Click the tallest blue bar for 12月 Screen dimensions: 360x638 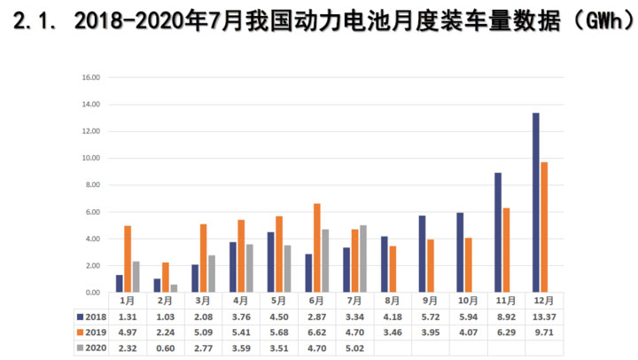(536, 202)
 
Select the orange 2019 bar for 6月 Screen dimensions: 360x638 (317, 247)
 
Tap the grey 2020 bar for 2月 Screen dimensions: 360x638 (175, 288)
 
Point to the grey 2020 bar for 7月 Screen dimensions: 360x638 (363, 259)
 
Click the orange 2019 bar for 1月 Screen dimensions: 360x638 (128, 259)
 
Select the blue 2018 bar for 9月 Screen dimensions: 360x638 (422, 254)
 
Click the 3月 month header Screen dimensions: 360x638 (203, 301)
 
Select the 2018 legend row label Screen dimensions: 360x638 (92, 317)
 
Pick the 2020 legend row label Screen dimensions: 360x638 (92, 348)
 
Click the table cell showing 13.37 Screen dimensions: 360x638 (545, 317)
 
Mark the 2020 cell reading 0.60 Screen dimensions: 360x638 (165, 348)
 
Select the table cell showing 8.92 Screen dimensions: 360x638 (507, 317)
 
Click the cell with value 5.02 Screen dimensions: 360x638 (354, 348)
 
